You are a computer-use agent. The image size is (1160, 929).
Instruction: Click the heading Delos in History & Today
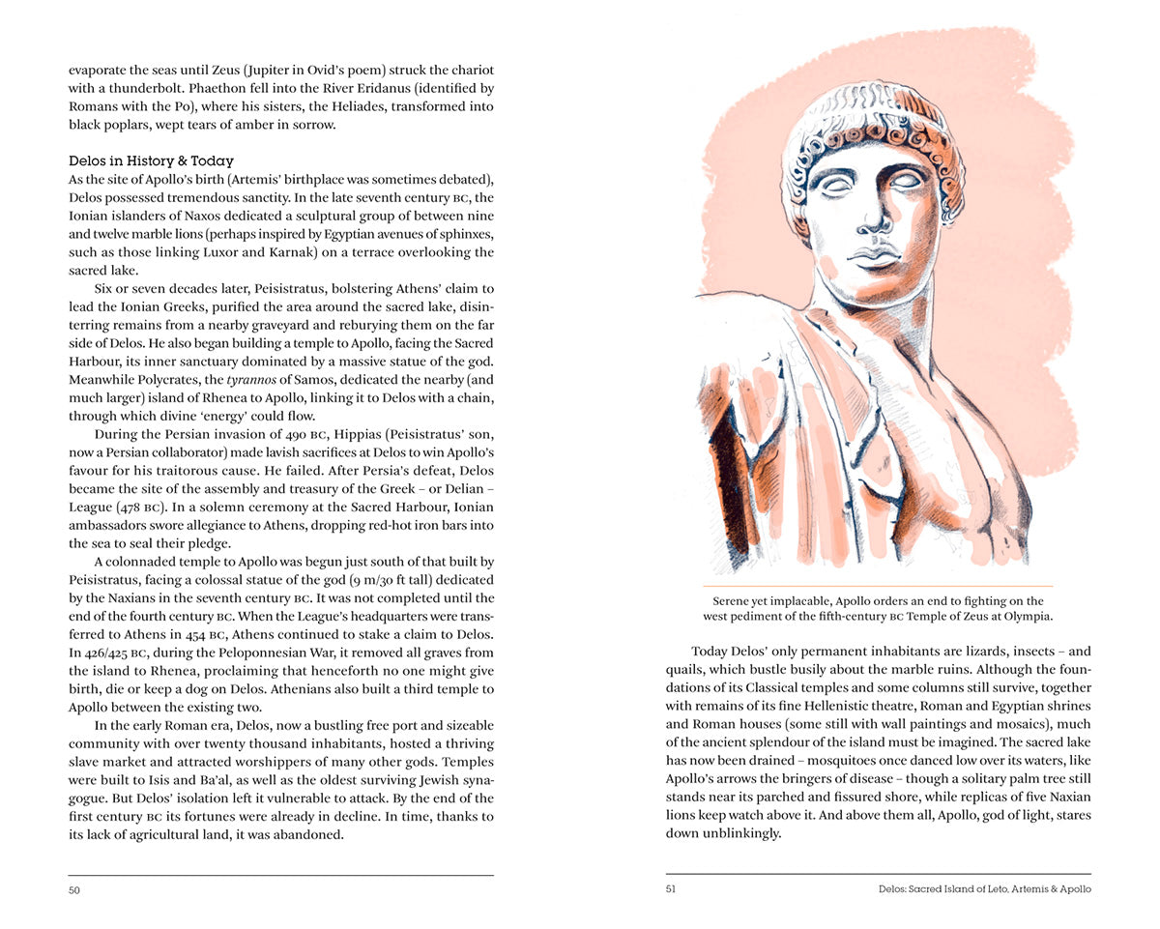(151, 160)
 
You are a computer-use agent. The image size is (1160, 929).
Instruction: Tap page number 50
(74, 889)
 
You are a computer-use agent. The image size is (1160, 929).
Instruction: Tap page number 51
(671, 889)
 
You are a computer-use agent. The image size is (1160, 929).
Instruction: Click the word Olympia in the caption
(1028, 617)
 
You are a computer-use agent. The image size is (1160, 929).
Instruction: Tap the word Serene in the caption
(735, 601)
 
